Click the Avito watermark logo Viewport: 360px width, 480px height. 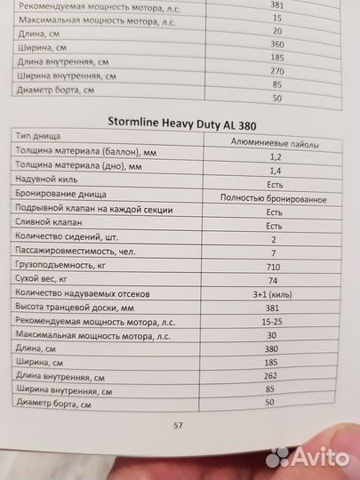tap(308, 457)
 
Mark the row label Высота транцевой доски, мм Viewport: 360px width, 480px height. tap(72, 307)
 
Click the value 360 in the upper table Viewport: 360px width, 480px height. tap(276, 44)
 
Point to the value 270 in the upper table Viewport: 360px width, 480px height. tap(277, 70)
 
